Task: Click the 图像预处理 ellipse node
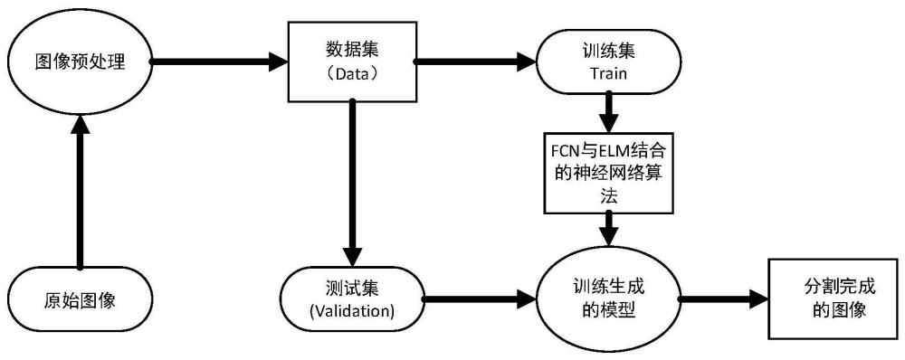coord(79,62)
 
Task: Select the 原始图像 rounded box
coord(80,299)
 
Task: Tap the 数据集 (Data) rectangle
coord(351,61)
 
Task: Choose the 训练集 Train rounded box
coord(608,62)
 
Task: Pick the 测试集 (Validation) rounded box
coord(351,299)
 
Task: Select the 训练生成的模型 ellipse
coord(608,298)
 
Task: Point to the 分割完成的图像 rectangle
coord(834,298)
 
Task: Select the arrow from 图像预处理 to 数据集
coord(217,62)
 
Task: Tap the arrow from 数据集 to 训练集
coord(475,62)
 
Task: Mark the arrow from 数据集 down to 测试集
coord(352,181)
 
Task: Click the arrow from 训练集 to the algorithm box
coord(608,112)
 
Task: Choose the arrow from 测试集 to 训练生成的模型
coord(480,298)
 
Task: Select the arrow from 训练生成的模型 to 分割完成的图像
coord(724,298)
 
